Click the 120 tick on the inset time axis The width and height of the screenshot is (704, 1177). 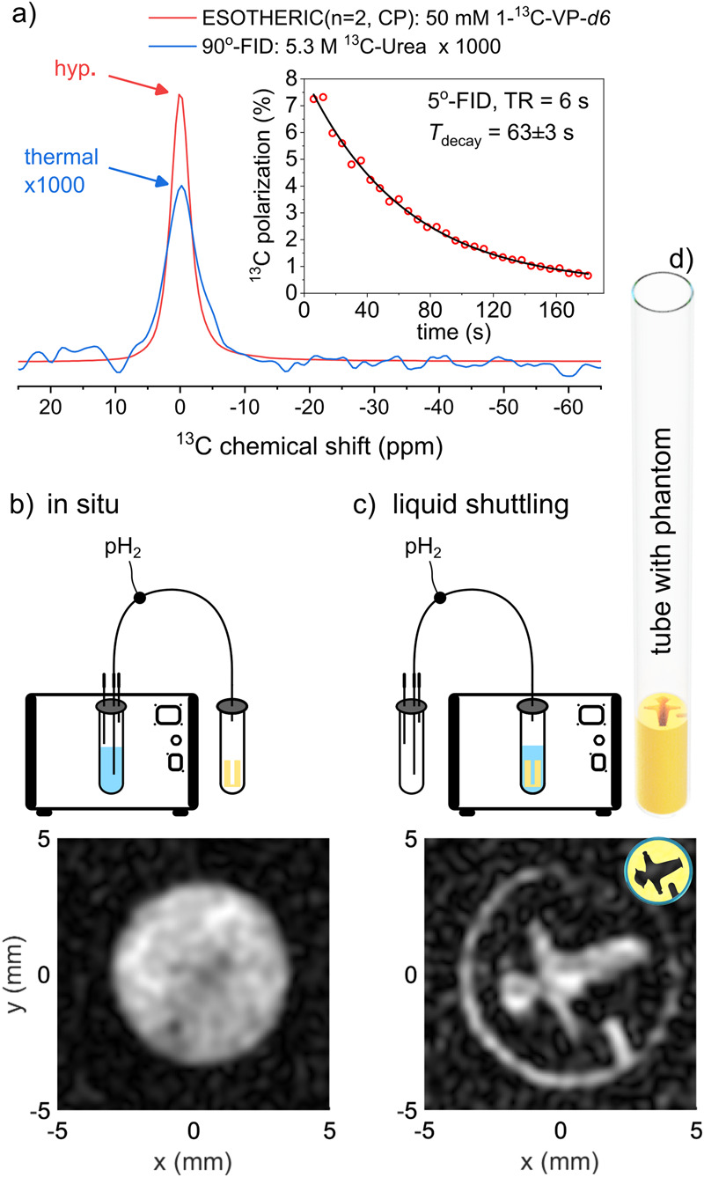(504, 310)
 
